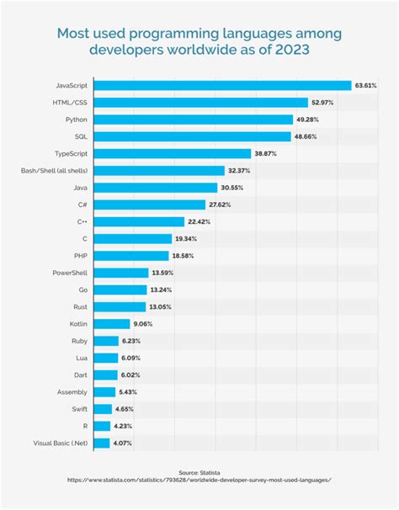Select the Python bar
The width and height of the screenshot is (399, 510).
click(192, 120)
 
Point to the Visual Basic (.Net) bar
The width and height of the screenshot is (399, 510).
click(102, 443)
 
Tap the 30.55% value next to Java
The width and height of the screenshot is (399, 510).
click(233, 188)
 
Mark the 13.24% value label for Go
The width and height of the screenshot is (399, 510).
click(162, 290)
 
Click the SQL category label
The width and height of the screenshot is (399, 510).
click(78, 136)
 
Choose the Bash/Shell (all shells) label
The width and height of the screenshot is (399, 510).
click(54, 171)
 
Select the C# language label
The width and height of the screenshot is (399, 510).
click(82, 205)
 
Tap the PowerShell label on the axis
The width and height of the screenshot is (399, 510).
click(66, 273)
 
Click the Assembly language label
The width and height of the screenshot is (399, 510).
click(69, 391)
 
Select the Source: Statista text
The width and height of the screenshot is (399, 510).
click(199, 472)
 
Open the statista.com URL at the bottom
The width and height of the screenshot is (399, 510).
click(199, 481)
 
